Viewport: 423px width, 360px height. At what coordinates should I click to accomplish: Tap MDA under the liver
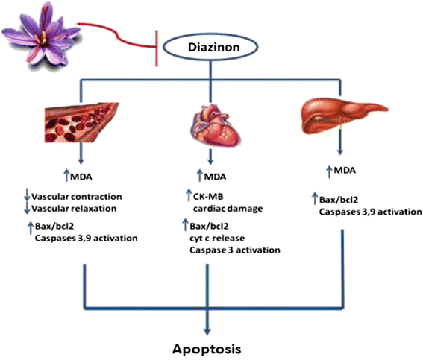tap(343, 171)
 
